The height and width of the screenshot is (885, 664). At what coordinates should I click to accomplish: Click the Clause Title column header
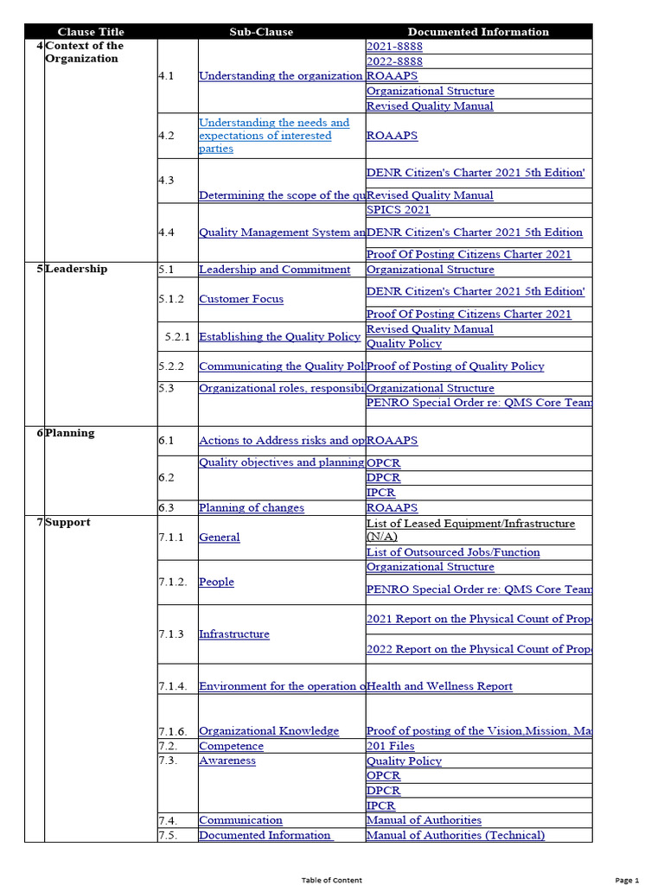91,32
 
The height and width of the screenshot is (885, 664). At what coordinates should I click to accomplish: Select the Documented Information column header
478,32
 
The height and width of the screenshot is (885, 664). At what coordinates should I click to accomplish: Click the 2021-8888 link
394,47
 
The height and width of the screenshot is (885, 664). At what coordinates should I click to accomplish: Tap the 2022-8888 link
394,61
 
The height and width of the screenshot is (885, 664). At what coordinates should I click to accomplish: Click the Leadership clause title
76,269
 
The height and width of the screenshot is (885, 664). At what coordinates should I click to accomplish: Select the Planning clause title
70,433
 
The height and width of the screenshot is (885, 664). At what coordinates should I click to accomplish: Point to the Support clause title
67,522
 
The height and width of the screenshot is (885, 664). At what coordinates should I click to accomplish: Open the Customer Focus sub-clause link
240,299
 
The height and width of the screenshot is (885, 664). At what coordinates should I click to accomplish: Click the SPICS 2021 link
398,210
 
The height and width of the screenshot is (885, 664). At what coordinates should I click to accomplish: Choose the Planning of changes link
251,508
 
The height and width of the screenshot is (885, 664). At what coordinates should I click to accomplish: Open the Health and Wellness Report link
439,686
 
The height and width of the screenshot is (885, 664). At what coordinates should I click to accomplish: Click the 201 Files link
390,746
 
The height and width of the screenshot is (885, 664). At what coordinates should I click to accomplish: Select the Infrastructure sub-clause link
233,634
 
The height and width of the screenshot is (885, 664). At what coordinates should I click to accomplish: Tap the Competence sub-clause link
231,746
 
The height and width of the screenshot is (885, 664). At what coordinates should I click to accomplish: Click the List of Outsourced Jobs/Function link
453,552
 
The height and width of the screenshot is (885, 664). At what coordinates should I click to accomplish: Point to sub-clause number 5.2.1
177,337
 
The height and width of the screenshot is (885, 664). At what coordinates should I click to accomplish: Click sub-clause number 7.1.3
171,634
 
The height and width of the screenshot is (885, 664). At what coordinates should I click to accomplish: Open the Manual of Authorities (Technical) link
456,835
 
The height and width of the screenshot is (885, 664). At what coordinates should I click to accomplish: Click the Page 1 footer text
627,880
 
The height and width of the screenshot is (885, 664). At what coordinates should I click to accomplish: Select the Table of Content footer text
332,880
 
